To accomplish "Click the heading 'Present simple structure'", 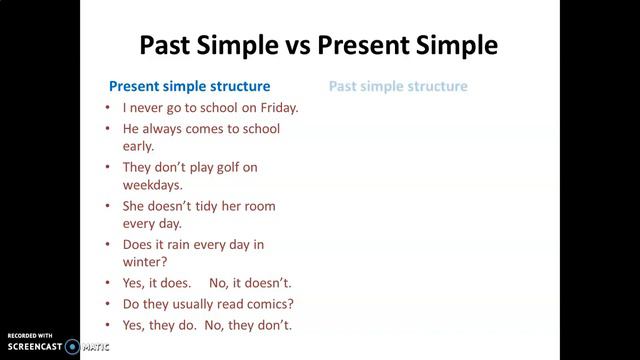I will (189, 86).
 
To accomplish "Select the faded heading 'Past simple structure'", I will (398, 86).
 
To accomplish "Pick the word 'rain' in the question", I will (182, 244).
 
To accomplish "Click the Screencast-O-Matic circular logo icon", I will (72, 347).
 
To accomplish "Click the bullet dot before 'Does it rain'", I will (107, 245).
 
